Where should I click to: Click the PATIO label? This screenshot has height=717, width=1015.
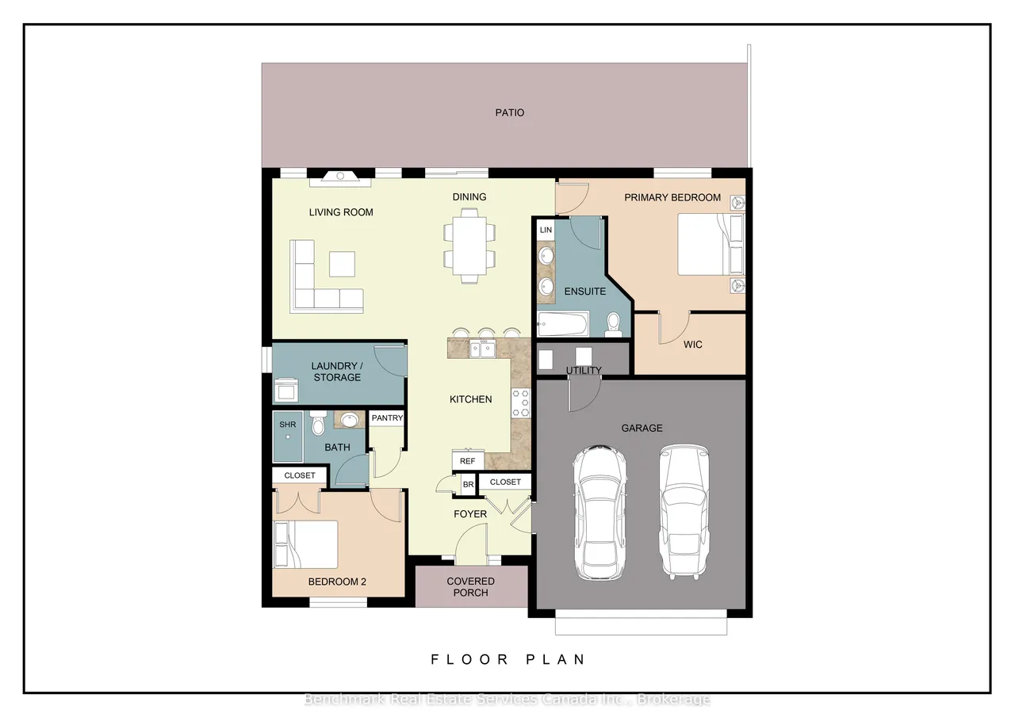click(x=509, y=113)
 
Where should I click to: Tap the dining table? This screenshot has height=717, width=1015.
click(x=469, y=246)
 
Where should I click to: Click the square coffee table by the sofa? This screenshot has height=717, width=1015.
click(x=342, y=264)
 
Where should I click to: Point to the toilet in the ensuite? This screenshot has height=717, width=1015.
click(x=614, y=324)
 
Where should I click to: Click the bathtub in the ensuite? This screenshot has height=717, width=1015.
click(x=563, y=324)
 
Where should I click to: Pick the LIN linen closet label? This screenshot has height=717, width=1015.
click(x=546, y=230)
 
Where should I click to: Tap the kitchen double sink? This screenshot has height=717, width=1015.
click(x=482, y=349)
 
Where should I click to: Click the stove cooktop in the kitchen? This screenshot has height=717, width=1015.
click(x=520, y=402)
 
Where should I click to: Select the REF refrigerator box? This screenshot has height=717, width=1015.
click(x=468, y=460)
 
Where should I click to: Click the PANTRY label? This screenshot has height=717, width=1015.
click(x=387, y=418)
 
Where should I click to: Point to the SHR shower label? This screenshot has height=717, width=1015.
click(x=288, y=425)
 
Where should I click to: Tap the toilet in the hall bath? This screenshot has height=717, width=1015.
click(x=317, y=423)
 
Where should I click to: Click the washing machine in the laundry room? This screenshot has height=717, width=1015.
click(x=286, y=390)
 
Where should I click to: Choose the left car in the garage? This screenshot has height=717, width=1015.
click(x=599, y=513)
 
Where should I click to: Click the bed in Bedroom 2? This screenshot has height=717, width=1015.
click(x=306, y=544)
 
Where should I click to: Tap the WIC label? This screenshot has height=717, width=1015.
click(x=692, y=345)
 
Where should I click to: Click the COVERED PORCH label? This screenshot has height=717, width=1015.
click(x=470, y=587)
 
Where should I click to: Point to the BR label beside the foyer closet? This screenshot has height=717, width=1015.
click(x=468, y=484)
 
